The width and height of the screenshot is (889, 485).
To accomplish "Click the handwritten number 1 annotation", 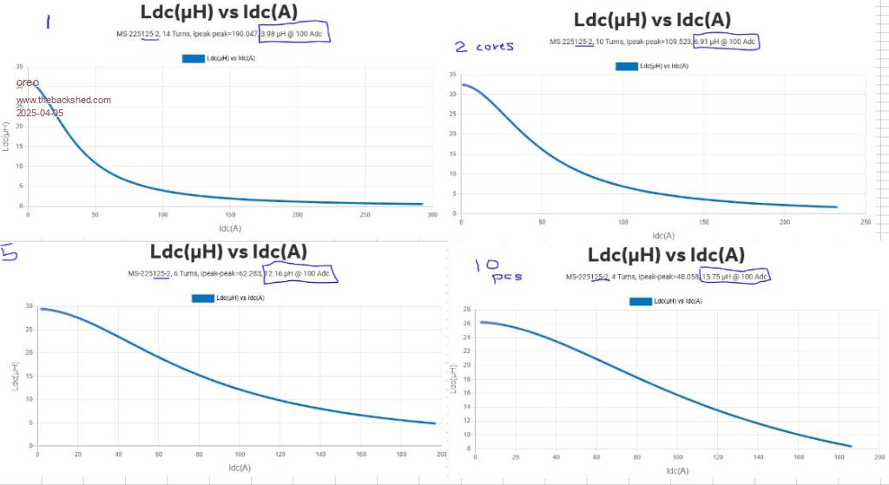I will [48, 20].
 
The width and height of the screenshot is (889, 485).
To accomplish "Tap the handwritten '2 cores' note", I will [484, 46].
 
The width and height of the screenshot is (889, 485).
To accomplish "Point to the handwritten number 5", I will [10, 252].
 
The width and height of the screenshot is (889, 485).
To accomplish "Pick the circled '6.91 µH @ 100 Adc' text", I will [726, 42].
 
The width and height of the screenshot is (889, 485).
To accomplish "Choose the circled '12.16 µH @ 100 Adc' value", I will [300, 274].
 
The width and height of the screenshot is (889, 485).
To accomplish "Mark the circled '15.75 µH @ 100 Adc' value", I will [735, 277].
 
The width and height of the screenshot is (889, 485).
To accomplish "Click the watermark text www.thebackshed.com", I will [63, 100].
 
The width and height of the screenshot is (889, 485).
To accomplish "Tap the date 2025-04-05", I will [40, 113].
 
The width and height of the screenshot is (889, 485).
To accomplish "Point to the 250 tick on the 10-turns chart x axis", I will [866, 223].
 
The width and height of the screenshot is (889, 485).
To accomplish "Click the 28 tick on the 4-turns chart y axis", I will [467, 309].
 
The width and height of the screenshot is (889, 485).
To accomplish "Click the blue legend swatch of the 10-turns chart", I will [626, 66].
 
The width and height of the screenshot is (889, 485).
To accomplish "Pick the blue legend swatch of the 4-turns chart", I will [641, 301].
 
